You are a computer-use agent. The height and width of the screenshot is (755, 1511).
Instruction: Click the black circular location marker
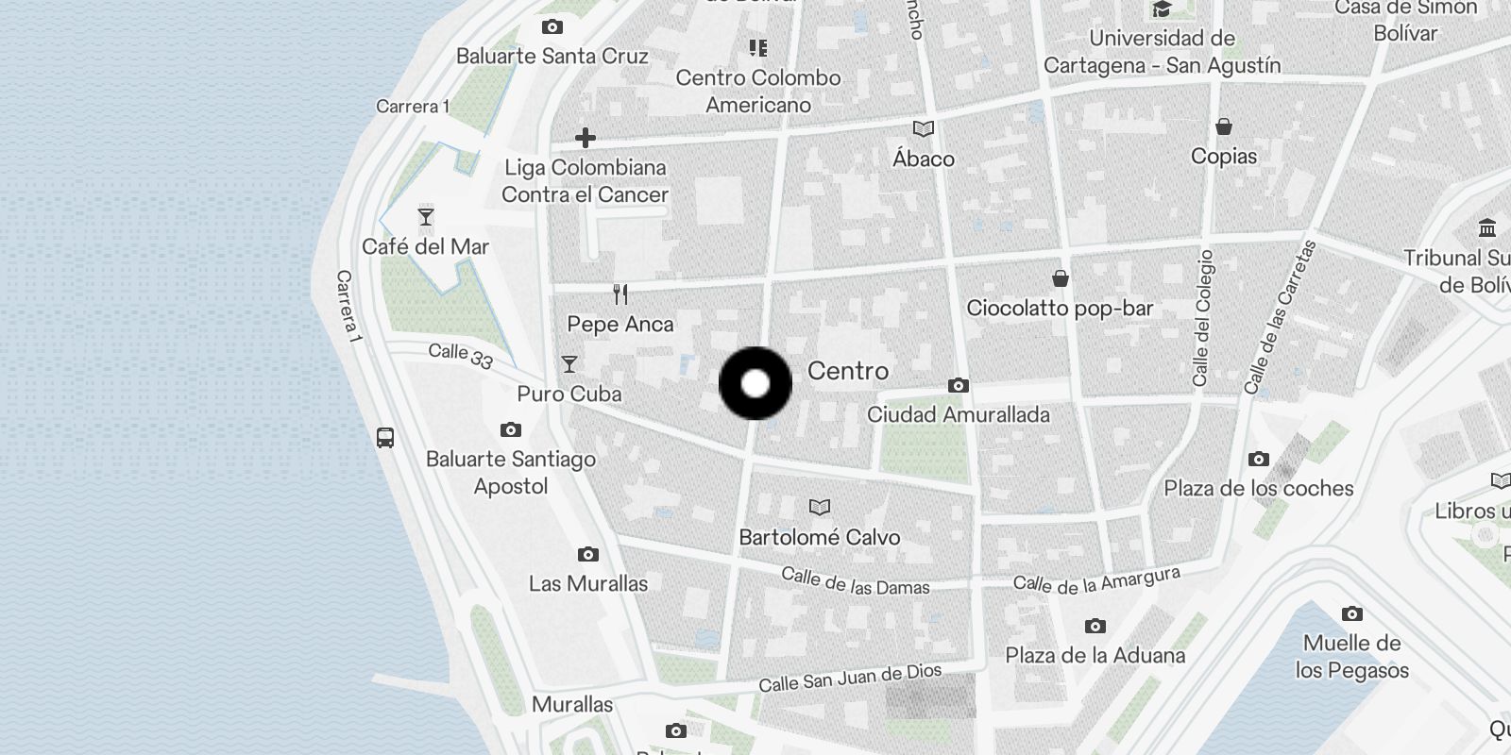click(755, 383)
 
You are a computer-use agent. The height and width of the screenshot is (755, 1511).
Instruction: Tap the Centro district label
click(847, 371)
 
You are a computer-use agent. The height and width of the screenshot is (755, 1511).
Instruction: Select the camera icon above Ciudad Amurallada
click(959, 385)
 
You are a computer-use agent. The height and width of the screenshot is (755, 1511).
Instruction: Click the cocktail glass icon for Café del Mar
click(426, 217)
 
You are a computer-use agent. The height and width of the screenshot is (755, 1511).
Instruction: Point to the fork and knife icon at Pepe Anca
click(620, 294)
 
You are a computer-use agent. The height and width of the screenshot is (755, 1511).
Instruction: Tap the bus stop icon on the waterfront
click(385, 438)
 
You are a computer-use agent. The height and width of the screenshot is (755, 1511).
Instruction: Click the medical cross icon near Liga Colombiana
click(586, 138)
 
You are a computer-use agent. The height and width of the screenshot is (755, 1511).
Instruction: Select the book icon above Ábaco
click(924, 128)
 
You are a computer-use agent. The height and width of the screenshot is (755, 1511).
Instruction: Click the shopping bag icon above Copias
click(1224, 126)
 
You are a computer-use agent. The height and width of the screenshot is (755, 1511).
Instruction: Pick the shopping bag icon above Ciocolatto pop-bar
click(1061, 278)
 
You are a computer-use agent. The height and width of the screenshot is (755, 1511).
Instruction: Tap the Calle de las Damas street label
click(856, 581)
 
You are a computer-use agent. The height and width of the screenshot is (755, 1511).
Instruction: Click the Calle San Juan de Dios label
click(850, 678)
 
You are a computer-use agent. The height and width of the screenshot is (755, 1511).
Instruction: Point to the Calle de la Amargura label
click(1096, 580)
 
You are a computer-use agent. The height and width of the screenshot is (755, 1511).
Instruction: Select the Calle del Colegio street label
click(1202, 318)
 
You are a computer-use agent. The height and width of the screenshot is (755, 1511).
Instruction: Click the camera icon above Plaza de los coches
click(1259, 460)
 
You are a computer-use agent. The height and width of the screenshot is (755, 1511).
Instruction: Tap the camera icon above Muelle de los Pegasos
click(1352, 614)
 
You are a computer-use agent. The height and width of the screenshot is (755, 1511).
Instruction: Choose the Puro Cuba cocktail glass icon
click(569, 364)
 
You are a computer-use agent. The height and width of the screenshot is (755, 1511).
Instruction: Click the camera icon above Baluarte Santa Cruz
click(552, 27)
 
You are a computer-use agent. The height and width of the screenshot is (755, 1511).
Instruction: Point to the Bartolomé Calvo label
click(819, 537)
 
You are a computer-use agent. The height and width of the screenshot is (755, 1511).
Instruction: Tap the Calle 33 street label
click(460, 356)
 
